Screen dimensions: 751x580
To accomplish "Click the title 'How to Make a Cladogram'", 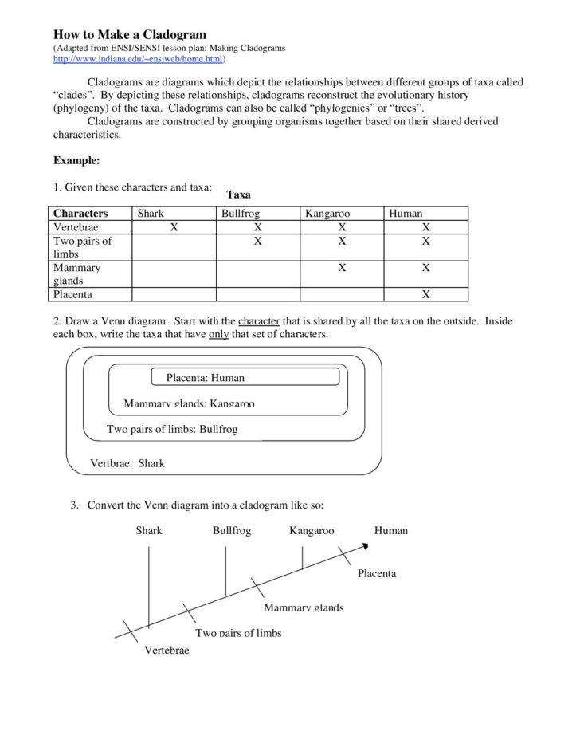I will click(x=129, y=34).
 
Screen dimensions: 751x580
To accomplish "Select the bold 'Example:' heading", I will click(x=76, y=160).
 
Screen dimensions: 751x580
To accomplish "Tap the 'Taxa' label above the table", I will click(x=238, y=194).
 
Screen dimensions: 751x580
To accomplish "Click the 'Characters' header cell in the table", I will click(x=80, y=214).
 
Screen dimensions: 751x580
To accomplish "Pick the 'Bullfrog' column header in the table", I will click(x=241, y=214).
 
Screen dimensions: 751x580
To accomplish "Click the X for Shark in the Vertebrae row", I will click(x=173, y=227).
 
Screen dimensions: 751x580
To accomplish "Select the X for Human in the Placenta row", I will click(x=425, y=293).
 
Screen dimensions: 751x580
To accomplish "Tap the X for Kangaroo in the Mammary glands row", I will click(x=341, y=268).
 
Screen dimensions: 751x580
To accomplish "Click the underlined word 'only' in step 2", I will click(x=218, y=334).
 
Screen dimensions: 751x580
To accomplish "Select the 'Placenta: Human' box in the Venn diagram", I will click(x=205, y=377).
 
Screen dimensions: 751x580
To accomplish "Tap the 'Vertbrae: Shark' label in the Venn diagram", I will click(x=127, y=463).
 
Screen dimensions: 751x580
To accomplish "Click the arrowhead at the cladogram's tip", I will click(x=366, y=546).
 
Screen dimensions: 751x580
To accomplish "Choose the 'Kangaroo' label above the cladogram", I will click(x=312, y=530).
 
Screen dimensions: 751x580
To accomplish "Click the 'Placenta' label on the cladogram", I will click(x=376, y=573).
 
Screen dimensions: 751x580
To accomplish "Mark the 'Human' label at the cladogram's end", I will click(x=390, y=530).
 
